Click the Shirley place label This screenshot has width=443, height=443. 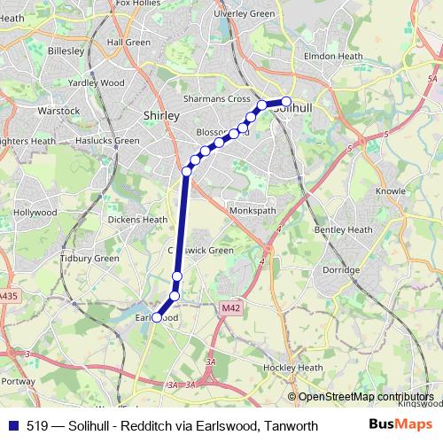pyautogui.click(x=161, y=115)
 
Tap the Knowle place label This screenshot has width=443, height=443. pyautogui.click(x=390, y=190)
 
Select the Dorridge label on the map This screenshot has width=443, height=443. pyautogui.click(x=340, y=268)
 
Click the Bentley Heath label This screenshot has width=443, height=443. pyautogui.click(x=344, y=229)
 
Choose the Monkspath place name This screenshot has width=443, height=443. pyautogui.click(x=253, y=211)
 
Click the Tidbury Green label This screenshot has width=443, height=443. pyautogui.click(x=89, y=258)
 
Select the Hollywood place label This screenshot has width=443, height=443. pyautogui.click(x=35, y=213)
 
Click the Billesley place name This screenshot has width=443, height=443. pyautogui.click(x=66, y=51)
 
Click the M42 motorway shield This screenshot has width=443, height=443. pyautogui.click(x=230, y=307)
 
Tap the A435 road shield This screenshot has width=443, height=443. pyautogui.click(x=8, y=296)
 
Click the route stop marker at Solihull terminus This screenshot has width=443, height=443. pyautogui.click(x=286, y=101)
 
